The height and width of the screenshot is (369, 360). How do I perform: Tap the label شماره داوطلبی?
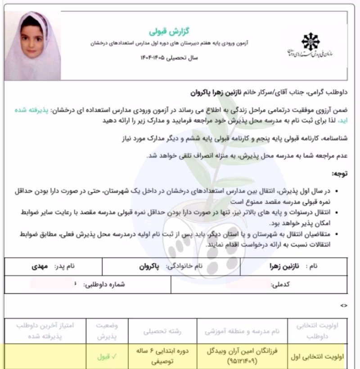click(x=104, y=284)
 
